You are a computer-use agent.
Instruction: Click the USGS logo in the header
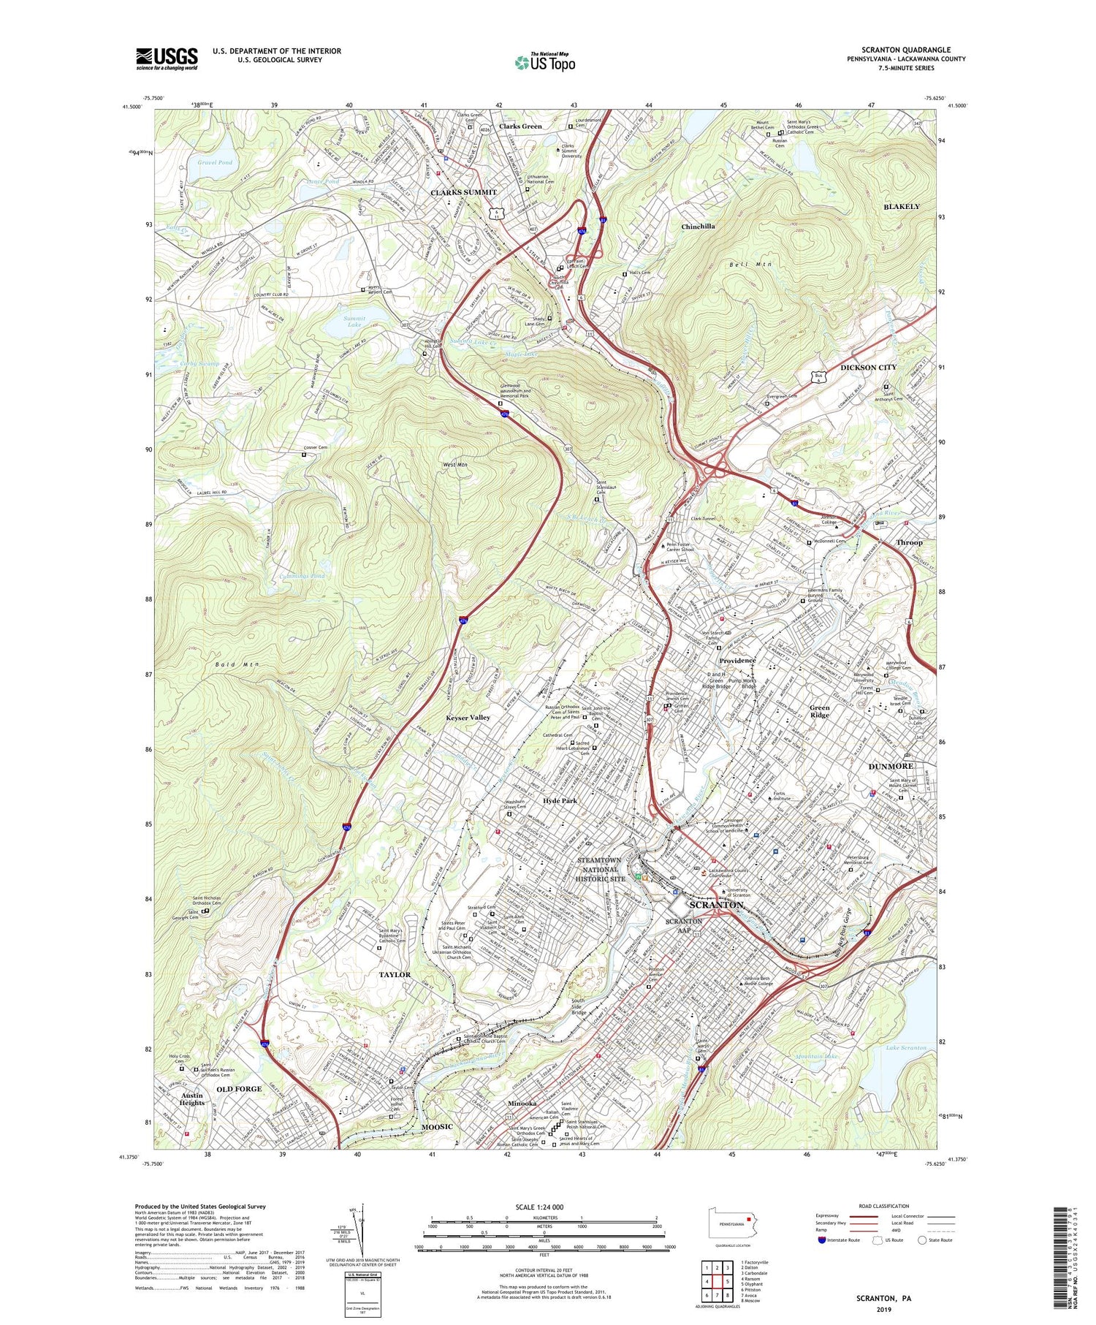point(167,58)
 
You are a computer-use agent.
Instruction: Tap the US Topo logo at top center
point(545,63)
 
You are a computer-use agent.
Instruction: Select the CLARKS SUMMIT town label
point(463,192)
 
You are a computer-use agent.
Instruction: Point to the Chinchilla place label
point(698,227)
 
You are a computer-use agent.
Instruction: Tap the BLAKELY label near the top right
point(902,207)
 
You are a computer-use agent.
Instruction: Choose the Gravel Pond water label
point(215,162)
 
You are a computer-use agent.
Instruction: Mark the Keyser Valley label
point(468,718)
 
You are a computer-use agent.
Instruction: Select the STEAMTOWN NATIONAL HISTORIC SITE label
point(601,869)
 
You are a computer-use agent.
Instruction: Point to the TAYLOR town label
point(395,975)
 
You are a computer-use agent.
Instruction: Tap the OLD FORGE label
point(239,1089)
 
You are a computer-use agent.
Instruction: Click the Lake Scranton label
point(905,1047)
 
